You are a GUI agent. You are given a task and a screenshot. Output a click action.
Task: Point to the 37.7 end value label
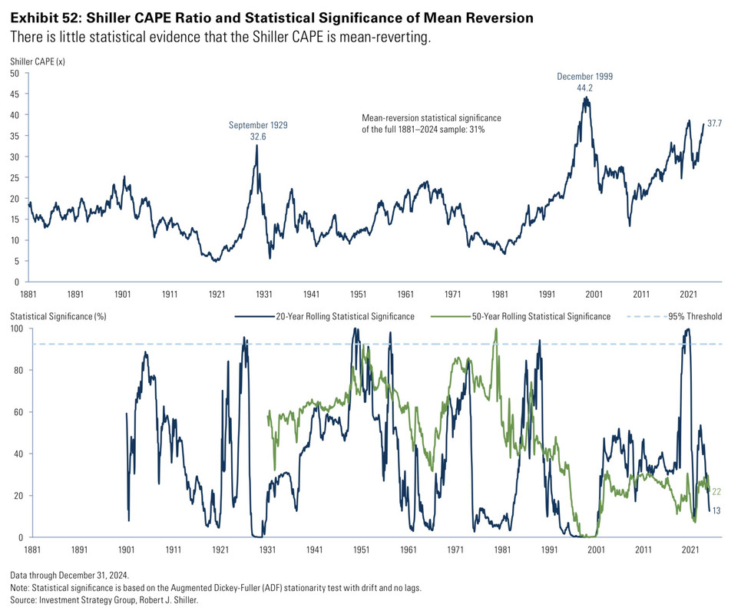point(713,123)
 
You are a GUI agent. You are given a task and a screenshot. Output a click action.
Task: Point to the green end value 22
point(716,492)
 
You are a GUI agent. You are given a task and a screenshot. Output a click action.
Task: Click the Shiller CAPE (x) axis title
point(37,60)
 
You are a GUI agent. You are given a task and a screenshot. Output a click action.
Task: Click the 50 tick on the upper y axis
point(15,74)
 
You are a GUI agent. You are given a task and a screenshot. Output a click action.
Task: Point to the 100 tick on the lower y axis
point(17,328)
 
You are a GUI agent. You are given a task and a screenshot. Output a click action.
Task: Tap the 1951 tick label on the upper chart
point(359,294)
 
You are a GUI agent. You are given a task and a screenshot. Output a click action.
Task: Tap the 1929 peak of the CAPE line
point(256,145)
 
